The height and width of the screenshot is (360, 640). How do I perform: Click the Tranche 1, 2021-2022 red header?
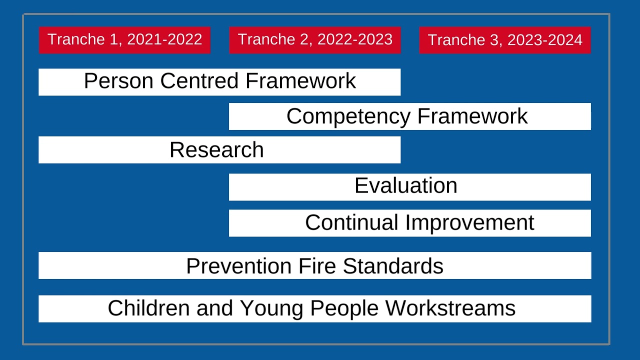(x=124, y=40)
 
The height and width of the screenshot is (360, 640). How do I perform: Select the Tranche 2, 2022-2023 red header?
(x=315, y=40)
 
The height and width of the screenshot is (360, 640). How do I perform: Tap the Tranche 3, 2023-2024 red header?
(x=505, y=40)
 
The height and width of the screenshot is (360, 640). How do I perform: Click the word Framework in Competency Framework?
(x=472, y=116)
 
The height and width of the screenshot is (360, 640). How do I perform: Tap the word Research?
(x=216, y=150)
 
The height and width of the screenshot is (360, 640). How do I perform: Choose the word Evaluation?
(x=406, y=186)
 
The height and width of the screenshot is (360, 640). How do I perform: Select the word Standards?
(x=393, y=266)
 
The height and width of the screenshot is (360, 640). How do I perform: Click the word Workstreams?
(x=450, y=308)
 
